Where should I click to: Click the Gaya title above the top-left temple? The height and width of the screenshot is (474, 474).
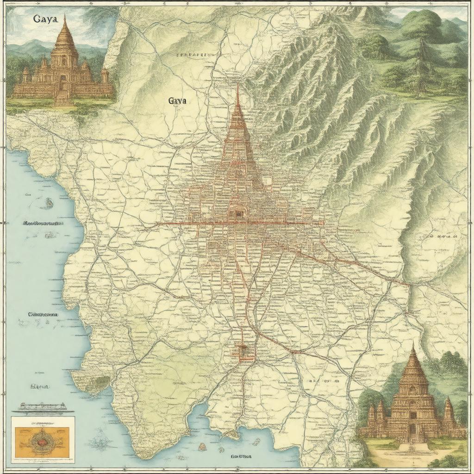[45, 19]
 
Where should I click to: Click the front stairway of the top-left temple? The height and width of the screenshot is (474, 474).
[62, 96]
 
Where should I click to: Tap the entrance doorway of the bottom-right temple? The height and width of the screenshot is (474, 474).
[412, 431]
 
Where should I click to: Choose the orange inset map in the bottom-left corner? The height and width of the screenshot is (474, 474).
[43, 439]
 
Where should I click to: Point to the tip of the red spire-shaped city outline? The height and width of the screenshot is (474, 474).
[237, 86]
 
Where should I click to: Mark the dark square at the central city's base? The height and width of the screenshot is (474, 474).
[238, 214]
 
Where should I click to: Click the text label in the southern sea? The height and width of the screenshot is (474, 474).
[241, 456]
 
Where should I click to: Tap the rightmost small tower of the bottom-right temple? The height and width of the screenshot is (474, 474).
[448, 410]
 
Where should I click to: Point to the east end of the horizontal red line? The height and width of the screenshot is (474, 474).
[322, 223]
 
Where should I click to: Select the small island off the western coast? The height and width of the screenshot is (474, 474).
[48, 202]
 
